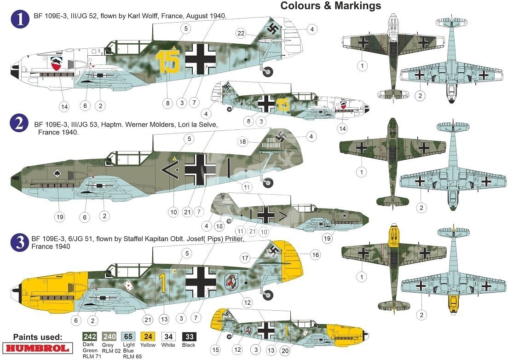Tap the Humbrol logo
coord(38,348)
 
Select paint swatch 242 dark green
coord(90,337)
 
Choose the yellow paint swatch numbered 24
coord(148,337)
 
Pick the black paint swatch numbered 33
coord(189,337)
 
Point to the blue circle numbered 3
coord(20,243)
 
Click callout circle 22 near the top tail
coord(241,33)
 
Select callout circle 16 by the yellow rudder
coord(315,255)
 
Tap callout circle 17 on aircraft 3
coord(245,258)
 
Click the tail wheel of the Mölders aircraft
coord(268,183)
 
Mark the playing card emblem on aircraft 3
coord(129,285)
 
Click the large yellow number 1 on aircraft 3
coord(162,283)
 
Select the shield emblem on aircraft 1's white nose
coord(58,64)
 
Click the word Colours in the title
coord(300,6)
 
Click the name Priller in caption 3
coord(232,239)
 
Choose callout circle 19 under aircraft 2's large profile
coord(59,217)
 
